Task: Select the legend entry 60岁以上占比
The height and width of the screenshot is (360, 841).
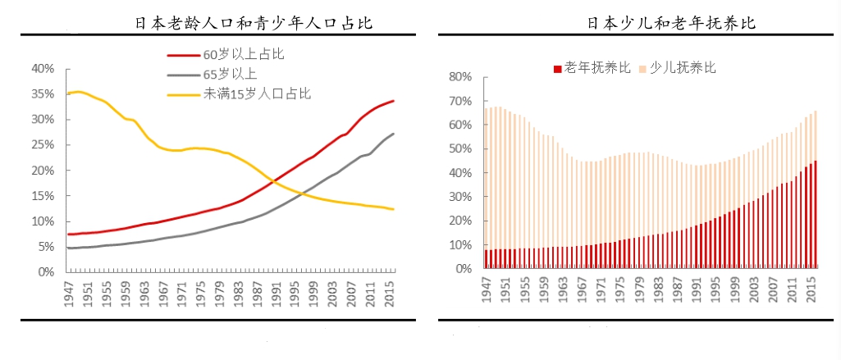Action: click(243, 56)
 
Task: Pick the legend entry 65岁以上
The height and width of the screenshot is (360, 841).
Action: click(231, 75)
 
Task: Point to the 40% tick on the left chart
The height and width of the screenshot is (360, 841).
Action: click(43, 68)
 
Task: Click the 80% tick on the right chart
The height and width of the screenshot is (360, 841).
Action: click(460, 77)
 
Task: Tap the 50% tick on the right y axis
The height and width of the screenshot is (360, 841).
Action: click(460, 149)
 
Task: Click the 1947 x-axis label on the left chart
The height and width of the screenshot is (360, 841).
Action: click(70, 296)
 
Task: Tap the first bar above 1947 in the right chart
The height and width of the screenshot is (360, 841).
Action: click(487, 189)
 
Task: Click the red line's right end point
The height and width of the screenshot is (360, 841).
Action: click(393, 101)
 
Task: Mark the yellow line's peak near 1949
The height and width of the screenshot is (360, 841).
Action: click(79, 92)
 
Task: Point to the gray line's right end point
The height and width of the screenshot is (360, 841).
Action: click(393, 134)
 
